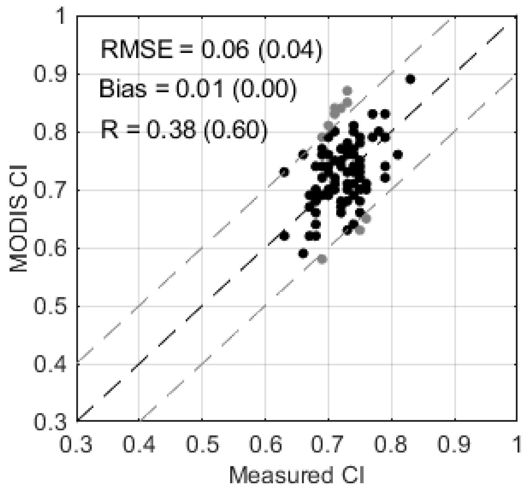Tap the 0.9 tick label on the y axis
point(50,74)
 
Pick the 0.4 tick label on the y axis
point(50,365)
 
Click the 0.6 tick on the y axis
point(50,248)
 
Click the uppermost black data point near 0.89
point(410,79)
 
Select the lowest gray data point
point(322,259)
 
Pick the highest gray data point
point(347,90)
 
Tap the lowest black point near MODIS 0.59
point(303,253)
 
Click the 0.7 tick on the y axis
point(50,190)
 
